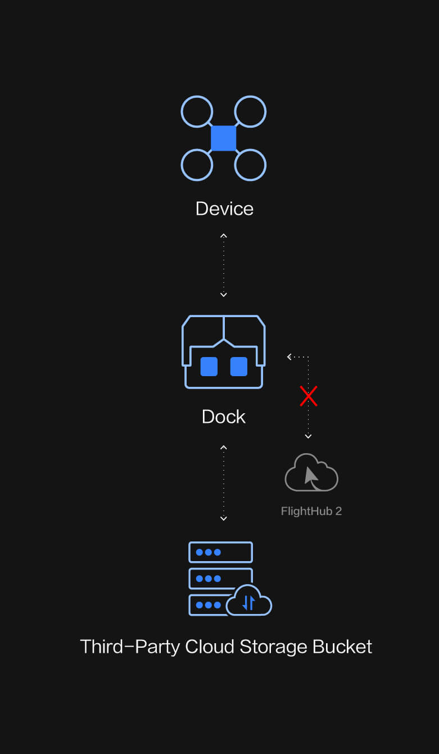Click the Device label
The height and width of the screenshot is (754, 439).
pos(224,209)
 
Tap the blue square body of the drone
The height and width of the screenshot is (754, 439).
pos(224,138)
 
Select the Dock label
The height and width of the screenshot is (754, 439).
pos(224,417)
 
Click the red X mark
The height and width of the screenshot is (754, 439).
pos(309,396)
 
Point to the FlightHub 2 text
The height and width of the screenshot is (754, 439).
pos(311,511)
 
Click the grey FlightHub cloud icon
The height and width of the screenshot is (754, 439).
pos(311,473)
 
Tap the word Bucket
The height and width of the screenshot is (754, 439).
pos(342,647)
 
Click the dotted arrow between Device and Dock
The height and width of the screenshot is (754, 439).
pos(224,265)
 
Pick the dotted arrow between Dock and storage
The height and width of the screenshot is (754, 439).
pos(224,482)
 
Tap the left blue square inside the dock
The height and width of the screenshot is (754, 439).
pos(209,367)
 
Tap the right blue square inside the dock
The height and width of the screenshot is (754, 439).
pos(239,367)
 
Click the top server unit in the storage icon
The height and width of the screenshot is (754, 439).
pos(220,552)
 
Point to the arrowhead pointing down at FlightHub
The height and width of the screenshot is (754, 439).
pos(308,436)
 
